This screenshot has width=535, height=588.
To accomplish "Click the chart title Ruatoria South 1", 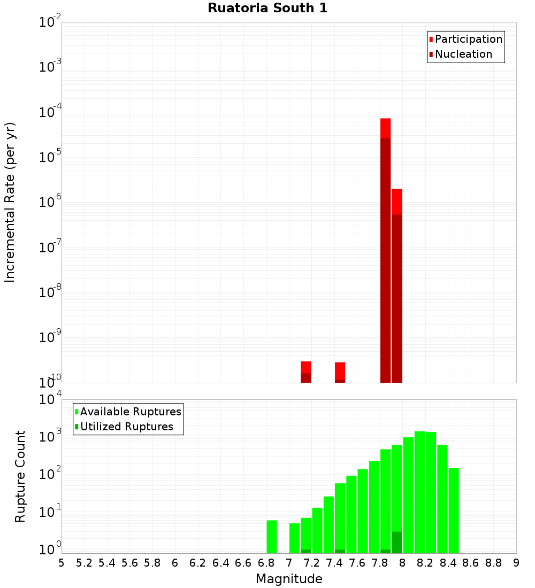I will [x=267, y=9].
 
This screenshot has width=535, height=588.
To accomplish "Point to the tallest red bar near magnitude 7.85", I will [x=386, y=128].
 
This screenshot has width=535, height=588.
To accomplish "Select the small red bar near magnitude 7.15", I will [x=306, y=367].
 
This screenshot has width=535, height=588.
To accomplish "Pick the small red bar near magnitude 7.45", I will [x=340, y=368].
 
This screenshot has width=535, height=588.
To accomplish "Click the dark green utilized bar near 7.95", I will [x=396, y=542].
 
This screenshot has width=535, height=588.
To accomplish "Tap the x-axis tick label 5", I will [x=62, y=563].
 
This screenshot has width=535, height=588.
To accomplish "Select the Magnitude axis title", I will [x=289, y=579].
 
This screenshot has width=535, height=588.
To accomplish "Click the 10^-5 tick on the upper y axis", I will [x=50, y=157].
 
